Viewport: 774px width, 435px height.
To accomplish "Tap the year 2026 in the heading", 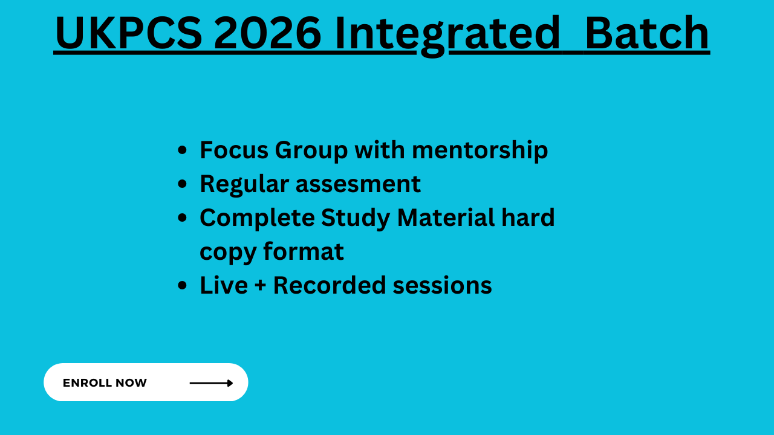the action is pos(267,33).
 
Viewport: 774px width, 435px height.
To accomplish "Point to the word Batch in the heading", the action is pos(647,33).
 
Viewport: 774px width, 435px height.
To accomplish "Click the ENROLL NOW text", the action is pos(105,382).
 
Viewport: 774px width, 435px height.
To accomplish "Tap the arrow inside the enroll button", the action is pos(211,383).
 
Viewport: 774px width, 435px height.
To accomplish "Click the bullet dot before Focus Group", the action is pos(182,150).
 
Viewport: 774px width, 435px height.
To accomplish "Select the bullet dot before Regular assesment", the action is pos(182,184).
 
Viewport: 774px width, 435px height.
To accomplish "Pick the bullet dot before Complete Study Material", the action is pos(182,218).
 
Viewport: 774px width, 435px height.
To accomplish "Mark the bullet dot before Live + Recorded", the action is pos(182,286).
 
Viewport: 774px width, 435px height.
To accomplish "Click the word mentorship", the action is pos(480,150).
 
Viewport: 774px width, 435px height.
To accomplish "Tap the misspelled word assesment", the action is pos(359,184).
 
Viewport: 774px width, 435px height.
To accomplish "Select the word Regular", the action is pos(244,184).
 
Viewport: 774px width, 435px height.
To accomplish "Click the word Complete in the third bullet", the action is pos(258,218).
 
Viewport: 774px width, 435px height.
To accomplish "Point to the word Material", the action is pos(446,217).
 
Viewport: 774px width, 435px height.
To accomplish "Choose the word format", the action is pos(304,251).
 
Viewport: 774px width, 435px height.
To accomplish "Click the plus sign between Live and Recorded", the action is pos(261,286).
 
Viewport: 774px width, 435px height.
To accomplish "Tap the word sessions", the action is pos(442,286).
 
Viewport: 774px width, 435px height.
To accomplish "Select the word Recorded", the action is pos(330,285).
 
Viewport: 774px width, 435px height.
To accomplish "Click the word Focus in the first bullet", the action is pos(234,150).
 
